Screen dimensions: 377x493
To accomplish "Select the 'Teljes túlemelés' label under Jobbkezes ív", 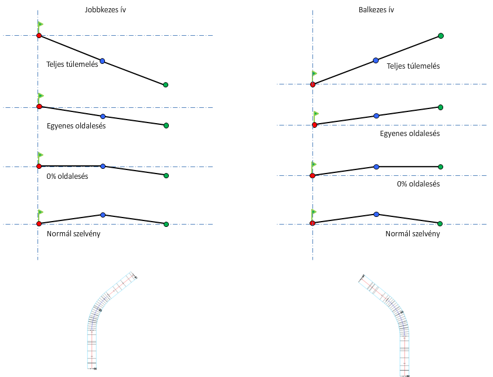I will tap(72, 64).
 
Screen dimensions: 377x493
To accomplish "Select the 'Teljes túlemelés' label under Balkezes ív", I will tap(413, 66).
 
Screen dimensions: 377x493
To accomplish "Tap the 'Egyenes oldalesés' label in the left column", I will tap(76, 126).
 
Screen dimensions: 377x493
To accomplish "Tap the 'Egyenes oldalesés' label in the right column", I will tap(410, 134).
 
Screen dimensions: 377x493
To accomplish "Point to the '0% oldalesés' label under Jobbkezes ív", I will tap(67, 176).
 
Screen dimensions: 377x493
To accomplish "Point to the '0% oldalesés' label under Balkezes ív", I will tap(419, 184).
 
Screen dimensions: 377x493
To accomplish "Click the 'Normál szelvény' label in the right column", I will tap(413, 233).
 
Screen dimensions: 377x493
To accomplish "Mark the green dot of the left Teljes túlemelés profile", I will tap(166, 85).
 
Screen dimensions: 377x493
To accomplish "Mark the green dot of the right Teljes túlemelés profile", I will tap(441, 36).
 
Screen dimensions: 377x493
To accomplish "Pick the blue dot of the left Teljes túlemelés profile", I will tap(103, 61).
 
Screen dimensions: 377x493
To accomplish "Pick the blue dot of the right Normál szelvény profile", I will tap(376, 215).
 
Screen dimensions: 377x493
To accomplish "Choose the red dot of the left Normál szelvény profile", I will tap(39, 224).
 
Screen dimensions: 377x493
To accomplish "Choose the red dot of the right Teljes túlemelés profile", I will tap(312, 84).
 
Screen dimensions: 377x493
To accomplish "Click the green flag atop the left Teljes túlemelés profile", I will tap(40, 25).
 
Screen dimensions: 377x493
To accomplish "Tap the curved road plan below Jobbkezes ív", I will tap(103, 317).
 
